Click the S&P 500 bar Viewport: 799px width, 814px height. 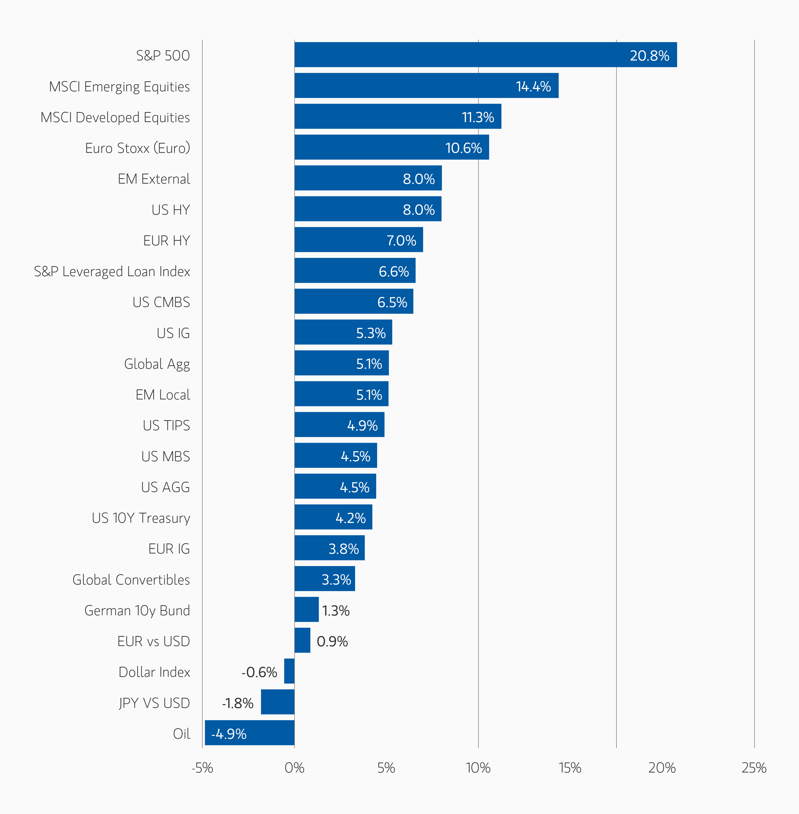pyautogui.click(x=486, y=55)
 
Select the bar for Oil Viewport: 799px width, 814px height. pyautogui.click(x=250, y=732)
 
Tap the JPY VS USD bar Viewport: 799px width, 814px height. pyautogui.click(x=277, y=701)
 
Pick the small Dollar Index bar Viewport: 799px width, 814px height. pyautogui.click(x=289, y=671)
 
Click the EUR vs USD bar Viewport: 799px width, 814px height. pyautogui.click(x=302, y=640)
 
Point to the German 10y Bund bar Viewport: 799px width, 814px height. pyautogui.click(x=306, y=609)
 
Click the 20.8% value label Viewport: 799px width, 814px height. pyautogui.click(x=649, y=55)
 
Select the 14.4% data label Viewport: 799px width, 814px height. pyautogui.click(x=533, y=86)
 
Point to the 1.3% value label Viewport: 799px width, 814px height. pyautogui.click(x=336, y=610)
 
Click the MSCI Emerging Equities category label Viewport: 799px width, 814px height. pyautogui.click(x=120, y=86)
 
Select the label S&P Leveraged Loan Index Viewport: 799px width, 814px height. pyautogui.click(x=112, y=271)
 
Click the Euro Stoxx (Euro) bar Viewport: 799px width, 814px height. pyautogui.click(x=391, y=147)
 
